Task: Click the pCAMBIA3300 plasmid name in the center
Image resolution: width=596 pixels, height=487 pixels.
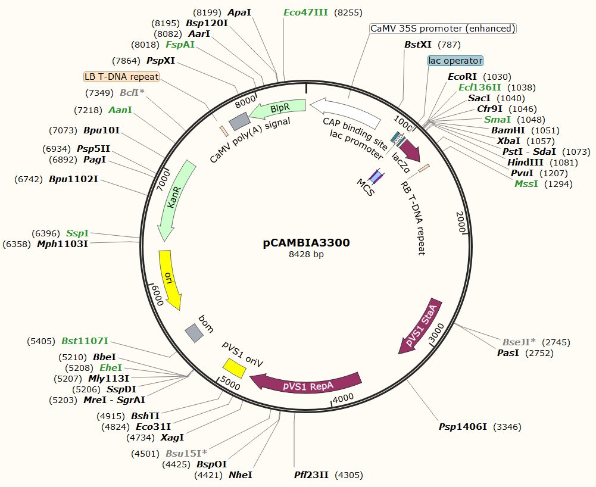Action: click(x=306, y=243)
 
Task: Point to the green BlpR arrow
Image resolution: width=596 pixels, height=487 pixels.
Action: click(x=277, y=110)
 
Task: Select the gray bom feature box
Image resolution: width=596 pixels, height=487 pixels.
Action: click(x=194, y=333)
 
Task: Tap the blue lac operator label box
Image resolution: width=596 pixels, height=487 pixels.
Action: click(x=455, y=61)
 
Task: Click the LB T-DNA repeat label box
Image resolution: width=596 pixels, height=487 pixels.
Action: click(x=122, y=77)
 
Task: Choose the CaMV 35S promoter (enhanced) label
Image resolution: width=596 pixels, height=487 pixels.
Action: click(x=442, y=29)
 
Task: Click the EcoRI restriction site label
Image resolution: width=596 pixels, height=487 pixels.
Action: click(x=463, y=77)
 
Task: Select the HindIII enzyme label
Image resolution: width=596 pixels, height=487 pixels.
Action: click(x=526, y=163)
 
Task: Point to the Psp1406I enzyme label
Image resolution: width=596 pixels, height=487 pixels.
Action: click(x=463, y=427)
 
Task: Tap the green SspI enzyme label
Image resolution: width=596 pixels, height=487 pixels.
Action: click(x=77, y=233)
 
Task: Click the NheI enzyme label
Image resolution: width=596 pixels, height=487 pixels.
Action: click(x=241, y=475)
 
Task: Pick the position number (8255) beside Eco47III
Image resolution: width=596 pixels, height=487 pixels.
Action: click(x=348, y=12)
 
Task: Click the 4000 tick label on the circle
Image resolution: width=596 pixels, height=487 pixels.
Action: click(x=344, y=398)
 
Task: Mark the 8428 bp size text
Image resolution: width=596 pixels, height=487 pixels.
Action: click(x=306, y=255)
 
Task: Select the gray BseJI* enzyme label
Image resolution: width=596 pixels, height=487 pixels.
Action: click(x=519, y=342)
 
